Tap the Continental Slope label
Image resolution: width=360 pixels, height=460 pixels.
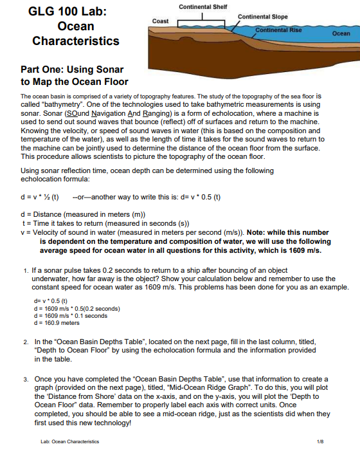click(262, 16)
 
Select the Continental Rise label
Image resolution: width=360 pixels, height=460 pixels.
click(278, 30)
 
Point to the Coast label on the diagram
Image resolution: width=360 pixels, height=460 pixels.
click(160, 21)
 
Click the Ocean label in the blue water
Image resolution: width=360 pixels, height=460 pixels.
click(341, 33)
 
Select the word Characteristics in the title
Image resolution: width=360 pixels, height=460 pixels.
click(76, 41)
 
